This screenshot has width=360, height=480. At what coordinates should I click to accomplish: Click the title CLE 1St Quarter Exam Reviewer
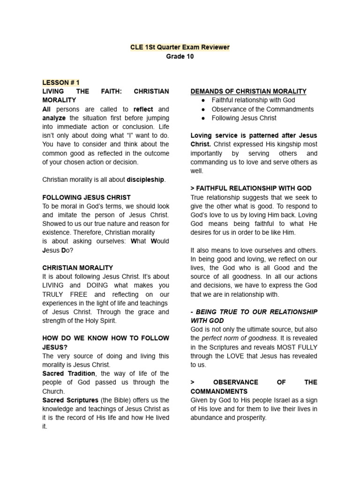coord(180,47)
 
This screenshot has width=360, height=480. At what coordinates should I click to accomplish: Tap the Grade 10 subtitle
coord(180,56)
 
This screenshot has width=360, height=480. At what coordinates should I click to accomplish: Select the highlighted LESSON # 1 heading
coord(61,82)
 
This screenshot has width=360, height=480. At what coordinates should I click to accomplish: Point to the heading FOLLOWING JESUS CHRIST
coord(87,197)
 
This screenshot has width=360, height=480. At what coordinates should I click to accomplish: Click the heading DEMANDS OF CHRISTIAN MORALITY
coord(248,91)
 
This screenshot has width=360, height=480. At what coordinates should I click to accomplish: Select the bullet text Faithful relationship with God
coord(253,100)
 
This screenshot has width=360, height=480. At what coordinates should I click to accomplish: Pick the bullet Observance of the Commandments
coord(262,109)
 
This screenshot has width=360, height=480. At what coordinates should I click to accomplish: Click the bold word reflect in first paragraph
coord(143,109)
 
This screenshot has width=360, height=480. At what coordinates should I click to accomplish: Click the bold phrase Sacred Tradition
coord(69,374)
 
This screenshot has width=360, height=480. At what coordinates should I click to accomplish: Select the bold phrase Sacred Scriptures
coord(70,400)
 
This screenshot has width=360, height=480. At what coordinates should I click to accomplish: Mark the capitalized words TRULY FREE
coord(65,294)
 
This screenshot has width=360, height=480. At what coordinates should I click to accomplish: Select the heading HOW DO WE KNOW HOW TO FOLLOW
coord(105,338)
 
